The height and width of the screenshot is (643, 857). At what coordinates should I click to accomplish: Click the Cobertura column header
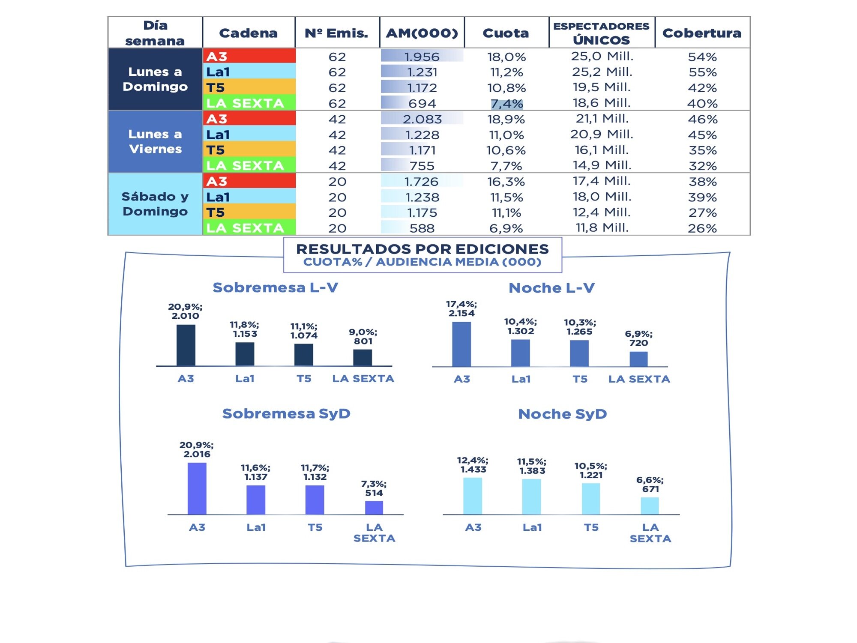702,33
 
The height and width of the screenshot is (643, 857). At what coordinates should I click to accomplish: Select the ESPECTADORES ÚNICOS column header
601,33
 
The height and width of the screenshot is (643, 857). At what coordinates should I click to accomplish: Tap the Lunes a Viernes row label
155,141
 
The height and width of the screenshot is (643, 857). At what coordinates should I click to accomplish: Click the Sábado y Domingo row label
155,204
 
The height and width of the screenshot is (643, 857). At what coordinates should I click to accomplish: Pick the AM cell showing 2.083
422,119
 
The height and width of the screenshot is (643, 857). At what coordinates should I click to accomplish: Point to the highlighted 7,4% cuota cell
506,104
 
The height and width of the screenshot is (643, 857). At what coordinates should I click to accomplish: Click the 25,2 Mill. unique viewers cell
602,72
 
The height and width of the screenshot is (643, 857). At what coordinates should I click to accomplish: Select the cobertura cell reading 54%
702,57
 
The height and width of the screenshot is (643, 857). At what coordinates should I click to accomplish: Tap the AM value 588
422,228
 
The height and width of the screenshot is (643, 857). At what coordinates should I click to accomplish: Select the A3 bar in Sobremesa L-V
186,345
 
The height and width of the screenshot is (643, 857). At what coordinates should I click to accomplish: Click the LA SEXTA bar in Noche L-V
638,359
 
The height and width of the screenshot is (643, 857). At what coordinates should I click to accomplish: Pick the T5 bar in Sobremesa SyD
315,499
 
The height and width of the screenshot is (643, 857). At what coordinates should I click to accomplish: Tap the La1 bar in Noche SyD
532,496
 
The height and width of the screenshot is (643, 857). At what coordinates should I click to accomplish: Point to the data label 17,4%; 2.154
461,308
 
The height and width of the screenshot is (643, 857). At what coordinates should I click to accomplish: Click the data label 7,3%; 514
374,488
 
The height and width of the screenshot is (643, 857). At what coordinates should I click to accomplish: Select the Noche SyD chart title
563,414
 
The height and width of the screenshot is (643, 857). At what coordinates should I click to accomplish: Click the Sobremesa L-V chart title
276,287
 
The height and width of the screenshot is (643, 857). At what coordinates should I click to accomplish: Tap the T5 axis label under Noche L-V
580,379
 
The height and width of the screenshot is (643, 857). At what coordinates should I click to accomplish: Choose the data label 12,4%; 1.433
473,465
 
